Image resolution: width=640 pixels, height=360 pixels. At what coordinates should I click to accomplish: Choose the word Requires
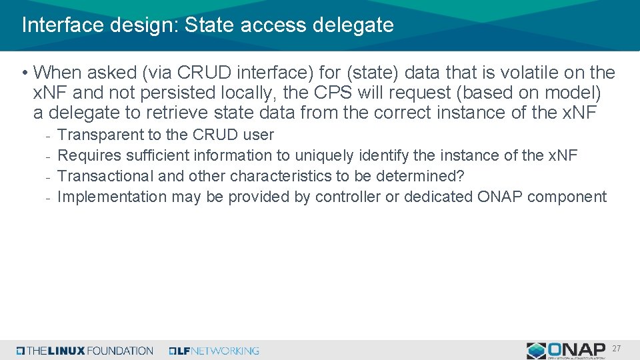click(88, 155)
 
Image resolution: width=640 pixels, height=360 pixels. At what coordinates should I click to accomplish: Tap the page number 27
click(617, 349)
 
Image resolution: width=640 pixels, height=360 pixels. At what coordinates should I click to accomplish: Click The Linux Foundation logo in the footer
click(85, 351)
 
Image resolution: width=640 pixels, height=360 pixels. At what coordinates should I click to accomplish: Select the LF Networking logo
click(214, 351)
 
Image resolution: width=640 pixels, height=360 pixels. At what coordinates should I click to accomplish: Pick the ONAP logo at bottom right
click(565, 350)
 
